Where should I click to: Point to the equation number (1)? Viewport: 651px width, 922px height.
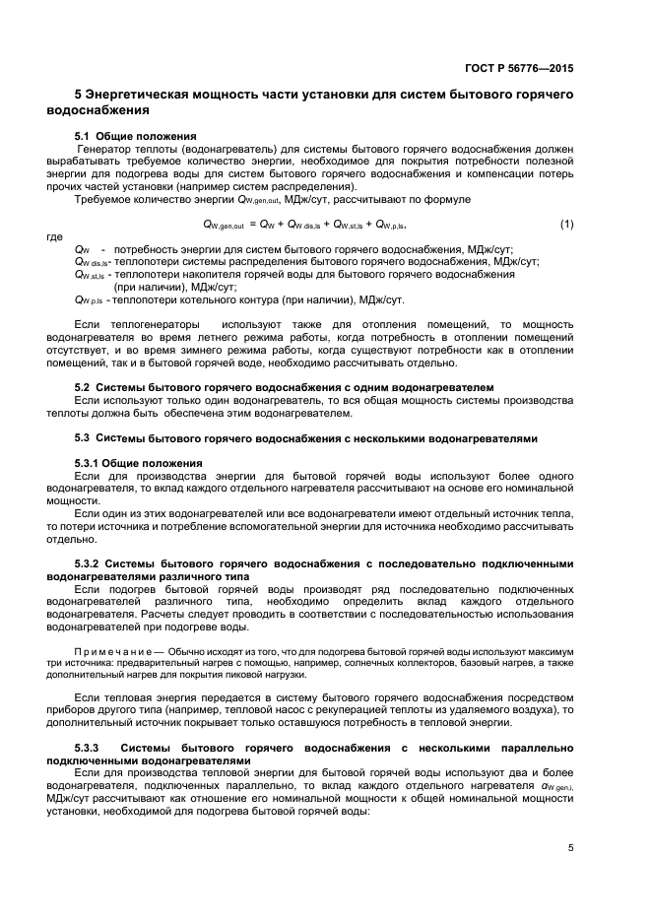566,224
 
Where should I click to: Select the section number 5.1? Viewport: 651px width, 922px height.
83,135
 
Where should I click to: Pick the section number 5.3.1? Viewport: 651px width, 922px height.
89,463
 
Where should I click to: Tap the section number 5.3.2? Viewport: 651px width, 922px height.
89,564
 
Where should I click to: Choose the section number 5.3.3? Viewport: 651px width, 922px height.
89,751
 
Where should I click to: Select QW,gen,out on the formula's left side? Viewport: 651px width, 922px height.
223,225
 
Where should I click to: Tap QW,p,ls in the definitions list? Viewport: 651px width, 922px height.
91,300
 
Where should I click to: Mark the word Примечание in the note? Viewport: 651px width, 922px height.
111,652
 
